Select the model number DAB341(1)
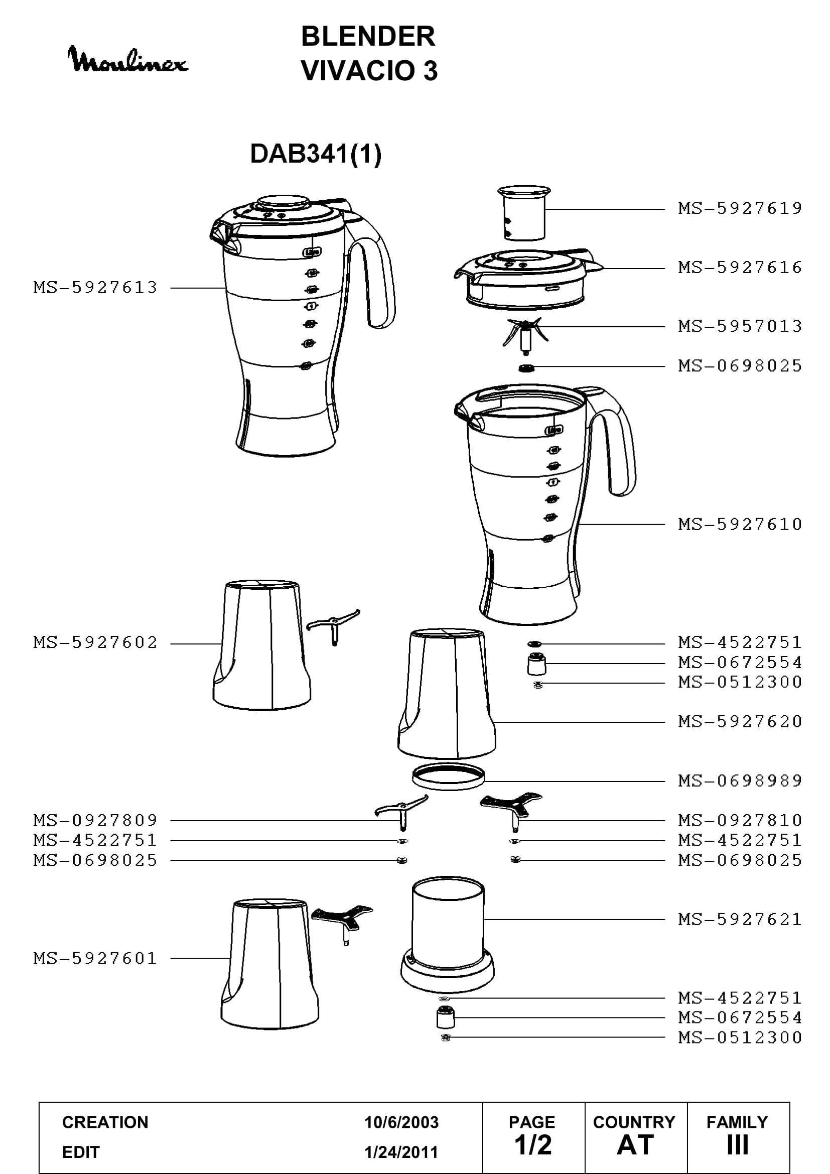pyautogui.click(x=315, y=154)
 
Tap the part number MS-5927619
pyautogui.click(x=740, y=208)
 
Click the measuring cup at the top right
pyautogui.click(x=524, y=213)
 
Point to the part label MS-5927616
pyautogui.click(x=740, y=267)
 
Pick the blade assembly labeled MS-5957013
pyautogui.click(x=525, y=334)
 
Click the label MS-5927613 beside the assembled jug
pyautogui.click(x=95, y=288)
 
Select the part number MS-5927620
pyautogui.click(x=740, y=721)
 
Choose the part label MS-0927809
pyautogui.click(x=95, y=820)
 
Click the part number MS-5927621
pyautogui.click(x=740, y=919)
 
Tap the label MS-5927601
pyautogui.click(x=95, y=958)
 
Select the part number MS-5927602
pyautogui.click(x=95, y=642)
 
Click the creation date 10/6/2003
pyautogui.click(x=401, y=1122)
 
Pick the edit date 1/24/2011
pyautogui.click(x=401, y=1152)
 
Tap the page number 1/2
pyautogui.click(x=533, y=1145)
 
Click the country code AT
pyautogui.click(x=635, y=1145)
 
